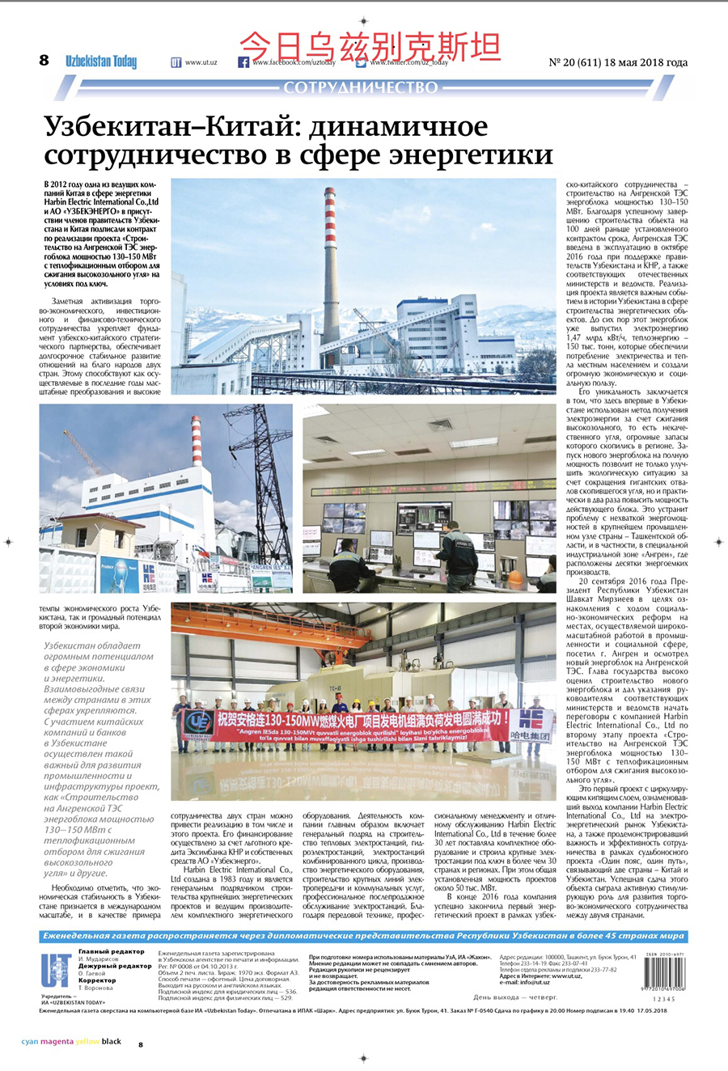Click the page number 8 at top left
(x=44, y=60)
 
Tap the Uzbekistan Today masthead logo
(x=101, y=61)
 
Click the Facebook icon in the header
(x=243, y=62)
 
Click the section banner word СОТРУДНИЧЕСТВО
(x=361, y=87)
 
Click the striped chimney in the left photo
(x=197, y=441)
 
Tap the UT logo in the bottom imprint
(x=56, y=970)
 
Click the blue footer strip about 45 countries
(x=363, y=936)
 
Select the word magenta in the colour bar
(x=57, y=1042)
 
